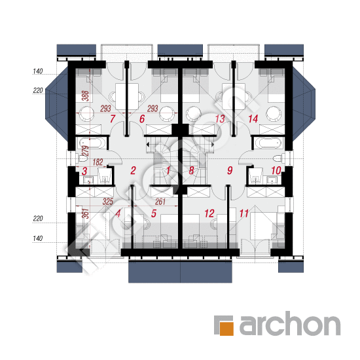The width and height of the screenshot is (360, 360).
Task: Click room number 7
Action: pos(113,119)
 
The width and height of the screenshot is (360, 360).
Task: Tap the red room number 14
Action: pos(253,119)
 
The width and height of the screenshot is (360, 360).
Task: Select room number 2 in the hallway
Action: pos(133,171)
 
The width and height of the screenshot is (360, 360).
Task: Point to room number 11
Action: pos(244,213)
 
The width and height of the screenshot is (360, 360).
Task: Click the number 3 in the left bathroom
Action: pos(84,171)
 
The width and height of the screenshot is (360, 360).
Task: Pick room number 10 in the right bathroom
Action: pos(276,171)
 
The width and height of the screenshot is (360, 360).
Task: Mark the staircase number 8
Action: pos(191,171)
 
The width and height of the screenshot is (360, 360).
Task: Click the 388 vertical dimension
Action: pos(86,96)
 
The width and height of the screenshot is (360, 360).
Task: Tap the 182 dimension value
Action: pos(98,162)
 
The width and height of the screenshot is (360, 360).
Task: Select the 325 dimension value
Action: pos(108,202)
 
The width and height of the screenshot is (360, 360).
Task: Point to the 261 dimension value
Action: pos(160,202)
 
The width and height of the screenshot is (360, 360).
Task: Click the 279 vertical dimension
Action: pos(85,151)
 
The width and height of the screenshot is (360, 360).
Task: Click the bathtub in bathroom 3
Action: pos(92,143)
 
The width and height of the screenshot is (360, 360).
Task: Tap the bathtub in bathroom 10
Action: pos(268,143)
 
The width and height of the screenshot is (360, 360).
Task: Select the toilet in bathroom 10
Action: pos(279,158)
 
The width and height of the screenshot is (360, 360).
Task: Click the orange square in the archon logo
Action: pos(227,329)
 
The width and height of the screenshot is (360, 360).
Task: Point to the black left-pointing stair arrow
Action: pos(148,145)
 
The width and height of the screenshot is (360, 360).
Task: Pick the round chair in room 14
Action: pos(274,113)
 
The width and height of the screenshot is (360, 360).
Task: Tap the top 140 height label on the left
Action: pos(38,71)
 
